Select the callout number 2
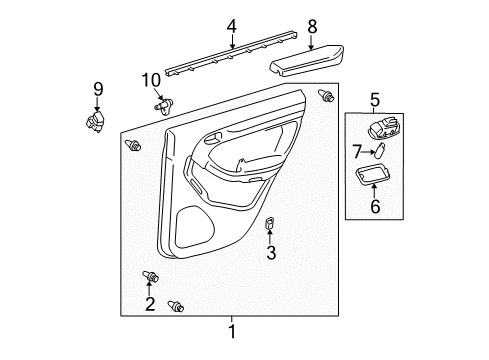[x=150, y=305]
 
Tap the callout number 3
[x=271, y=253]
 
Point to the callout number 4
[x=231, y=27]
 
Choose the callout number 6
[x=377, y=206]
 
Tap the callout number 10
[x=150, y=80]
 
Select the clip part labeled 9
[x=96, y=121]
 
